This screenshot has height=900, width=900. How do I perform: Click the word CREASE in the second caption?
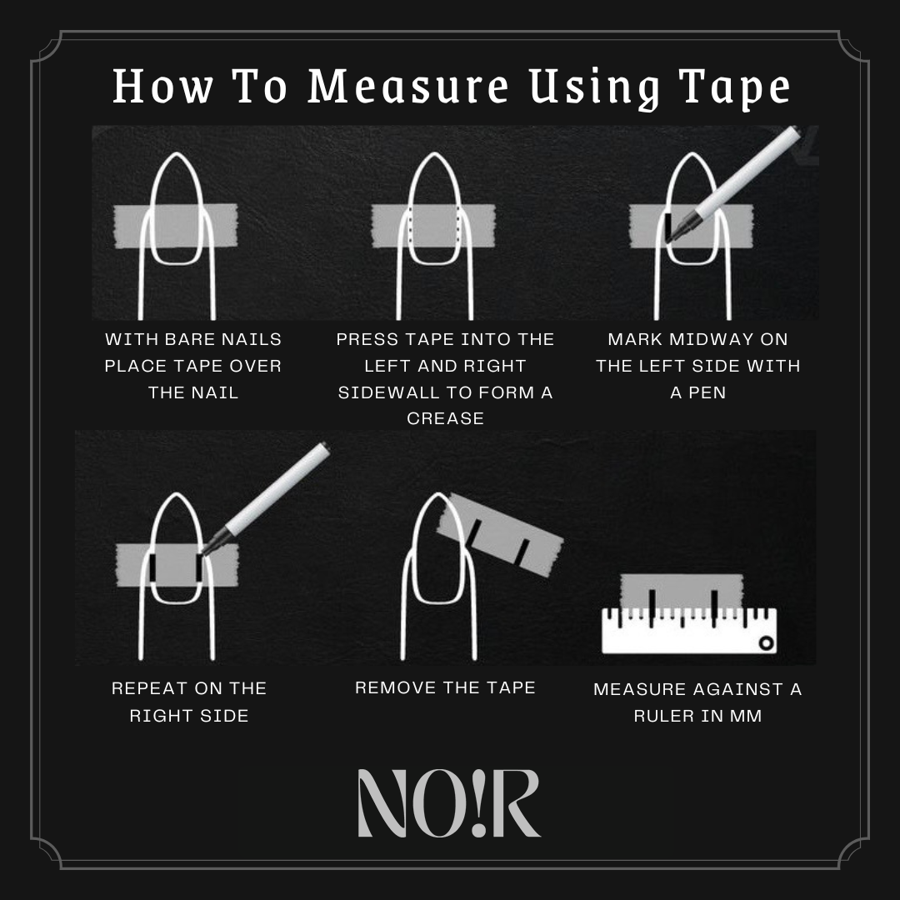pos(445,418)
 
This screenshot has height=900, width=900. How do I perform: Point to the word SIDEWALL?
pos(390,392)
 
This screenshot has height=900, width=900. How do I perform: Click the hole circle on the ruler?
pos(766,642)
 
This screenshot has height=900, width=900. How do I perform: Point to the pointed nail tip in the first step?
pos(177,154)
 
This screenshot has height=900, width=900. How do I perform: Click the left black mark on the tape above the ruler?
pos(652,607)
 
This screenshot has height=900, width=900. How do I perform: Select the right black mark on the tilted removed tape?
pos(523,551)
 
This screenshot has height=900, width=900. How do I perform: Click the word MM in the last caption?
pos(746,716)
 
